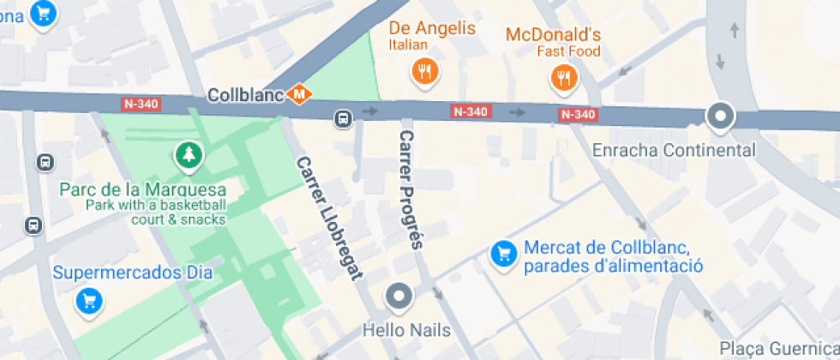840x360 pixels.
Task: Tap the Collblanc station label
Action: click(x=245, y=94)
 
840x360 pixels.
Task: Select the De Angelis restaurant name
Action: click(x=432, y=28)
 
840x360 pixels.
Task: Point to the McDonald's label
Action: click(x=553, y=35)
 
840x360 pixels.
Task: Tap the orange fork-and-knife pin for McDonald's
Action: click(x=563, y=80)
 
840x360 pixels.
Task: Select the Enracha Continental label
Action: click(x=674, y=151)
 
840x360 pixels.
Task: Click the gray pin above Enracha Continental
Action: click(x=721, y=117)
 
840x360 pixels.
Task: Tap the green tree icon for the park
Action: click(x=187, y=155)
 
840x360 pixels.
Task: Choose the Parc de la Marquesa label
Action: click(x=142, y=189)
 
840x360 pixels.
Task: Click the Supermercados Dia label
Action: click(x=132, y=273)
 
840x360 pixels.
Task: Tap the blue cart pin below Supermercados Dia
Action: click(x=89, y=301)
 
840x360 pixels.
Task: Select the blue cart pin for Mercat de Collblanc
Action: click(x=502, y=253)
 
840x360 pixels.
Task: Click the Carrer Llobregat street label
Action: click(x=329, y=218)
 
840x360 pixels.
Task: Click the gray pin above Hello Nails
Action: click(x=399, y=297)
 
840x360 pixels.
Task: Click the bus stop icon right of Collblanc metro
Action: click(x=343, y=118)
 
